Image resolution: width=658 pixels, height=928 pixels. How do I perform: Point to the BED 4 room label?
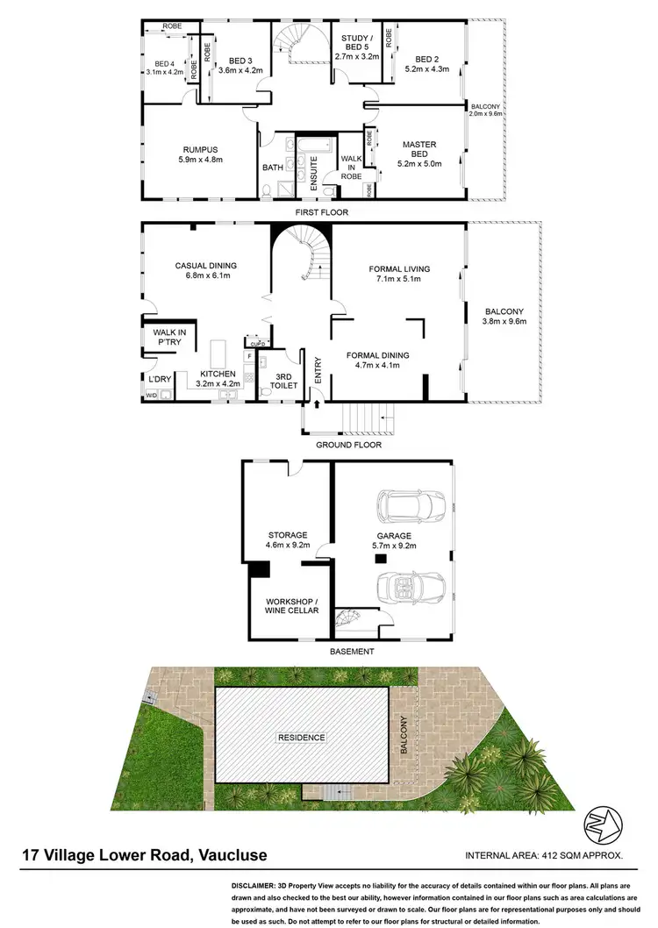pos(164,63)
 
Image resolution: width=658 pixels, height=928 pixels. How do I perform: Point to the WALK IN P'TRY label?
pos(167,337)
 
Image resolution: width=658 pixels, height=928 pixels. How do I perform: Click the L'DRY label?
pos(159,379)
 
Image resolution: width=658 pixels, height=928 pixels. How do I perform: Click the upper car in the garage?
pos(412,506)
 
